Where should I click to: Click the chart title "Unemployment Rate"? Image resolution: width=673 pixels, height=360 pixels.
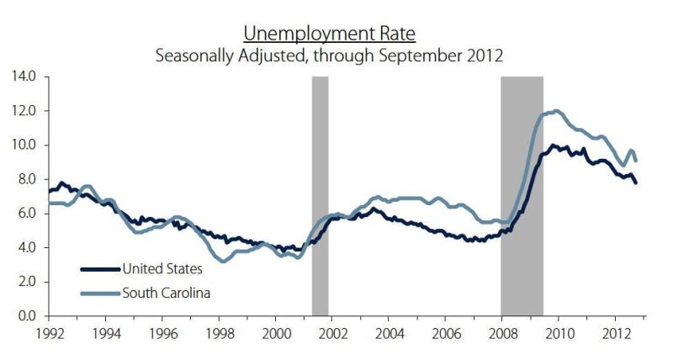329,34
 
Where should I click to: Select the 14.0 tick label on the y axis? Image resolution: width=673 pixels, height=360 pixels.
26,77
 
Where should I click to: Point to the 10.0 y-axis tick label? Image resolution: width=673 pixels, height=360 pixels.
26,145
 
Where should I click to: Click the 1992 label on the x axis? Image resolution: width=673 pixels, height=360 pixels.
49,334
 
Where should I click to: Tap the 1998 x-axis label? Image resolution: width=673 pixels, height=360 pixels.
220,334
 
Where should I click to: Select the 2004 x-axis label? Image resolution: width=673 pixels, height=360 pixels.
389,334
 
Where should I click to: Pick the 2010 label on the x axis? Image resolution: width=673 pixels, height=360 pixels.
559,334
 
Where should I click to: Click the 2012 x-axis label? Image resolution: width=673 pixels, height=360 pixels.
616,334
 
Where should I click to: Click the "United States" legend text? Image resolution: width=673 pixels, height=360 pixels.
162,269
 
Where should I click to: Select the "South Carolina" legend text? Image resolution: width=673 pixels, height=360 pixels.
167,293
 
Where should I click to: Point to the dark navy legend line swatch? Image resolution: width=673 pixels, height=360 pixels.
100,269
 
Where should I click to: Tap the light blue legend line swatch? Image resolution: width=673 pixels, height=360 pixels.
100,294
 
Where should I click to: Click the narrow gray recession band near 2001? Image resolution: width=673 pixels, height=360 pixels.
321,196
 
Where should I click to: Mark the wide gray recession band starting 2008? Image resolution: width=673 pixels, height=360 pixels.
522,196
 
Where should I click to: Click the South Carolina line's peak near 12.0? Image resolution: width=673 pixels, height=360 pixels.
557,111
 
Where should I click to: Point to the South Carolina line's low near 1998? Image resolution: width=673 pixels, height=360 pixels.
223,260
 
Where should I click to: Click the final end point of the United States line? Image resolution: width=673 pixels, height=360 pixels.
636,183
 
